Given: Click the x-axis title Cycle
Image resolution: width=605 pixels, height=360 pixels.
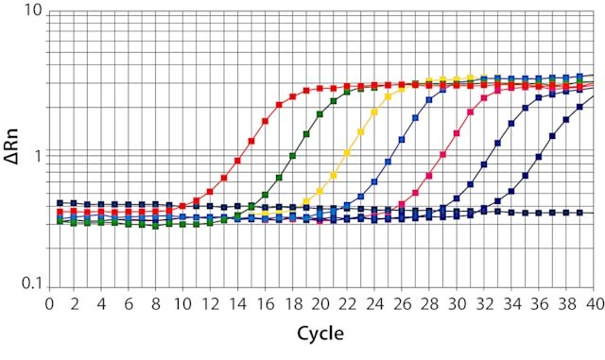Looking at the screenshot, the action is point(320,334).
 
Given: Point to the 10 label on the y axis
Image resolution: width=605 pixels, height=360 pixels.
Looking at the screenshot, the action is point(33,10).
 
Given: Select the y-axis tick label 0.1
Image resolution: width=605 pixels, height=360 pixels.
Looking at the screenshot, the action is point(31,283).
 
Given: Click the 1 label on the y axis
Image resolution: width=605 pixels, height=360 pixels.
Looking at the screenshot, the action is point(38,156).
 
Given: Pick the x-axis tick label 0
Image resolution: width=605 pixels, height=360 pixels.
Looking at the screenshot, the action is point(49,305).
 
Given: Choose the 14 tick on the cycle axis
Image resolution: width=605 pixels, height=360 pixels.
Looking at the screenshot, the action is point(237,305).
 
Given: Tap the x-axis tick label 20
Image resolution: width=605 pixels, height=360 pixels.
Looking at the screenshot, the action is point(320,305).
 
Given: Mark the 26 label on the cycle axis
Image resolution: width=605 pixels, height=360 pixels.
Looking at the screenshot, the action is point(402,305).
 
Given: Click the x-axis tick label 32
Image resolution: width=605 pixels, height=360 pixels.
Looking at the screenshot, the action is point(484,305).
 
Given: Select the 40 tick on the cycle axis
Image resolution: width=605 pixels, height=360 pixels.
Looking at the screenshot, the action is point(595,305).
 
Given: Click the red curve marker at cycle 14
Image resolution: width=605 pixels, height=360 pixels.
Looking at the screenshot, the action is point(237,161).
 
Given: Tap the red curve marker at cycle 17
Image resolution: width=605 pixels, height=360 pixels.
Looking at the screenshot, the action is point(279,105).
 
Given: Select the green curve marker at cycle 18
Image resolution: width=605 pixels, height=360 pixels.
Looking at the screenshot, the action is point(292,156).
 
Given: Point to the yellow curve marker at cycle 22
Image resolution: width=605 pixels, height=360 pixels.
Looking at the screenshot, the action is point(347,153).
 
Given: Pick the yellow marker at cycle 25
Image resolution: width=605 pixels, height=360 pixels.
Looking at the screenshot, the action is point(389,96).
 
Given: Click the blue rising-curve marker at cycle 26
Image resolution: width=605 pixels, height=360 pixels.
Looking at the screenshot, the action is point(402,139).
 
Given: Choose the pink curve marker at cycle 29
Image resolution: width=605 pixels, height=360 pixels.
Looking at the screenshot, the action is point(443,154).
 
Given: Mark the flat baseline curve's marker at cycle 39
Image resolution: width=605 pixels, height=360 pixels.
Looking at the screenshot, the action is point(579,213).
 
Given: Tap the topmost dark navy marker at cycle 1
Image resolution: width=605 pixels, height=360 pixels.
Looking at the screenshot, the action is point(60,203).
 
